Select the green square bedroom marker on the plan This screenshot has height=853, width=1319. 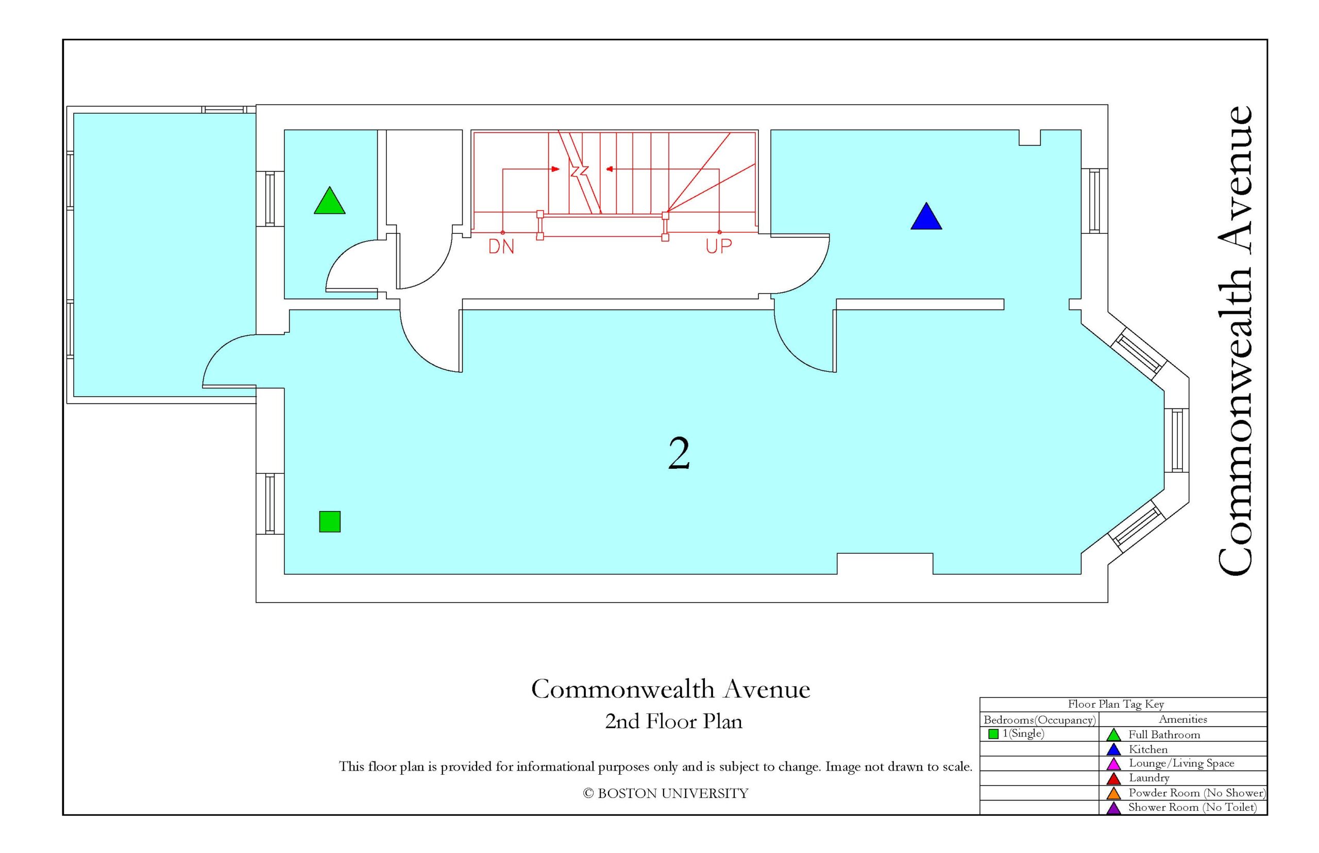tap(330, 521)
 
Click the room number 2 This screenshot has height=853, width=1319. tap(679, 453)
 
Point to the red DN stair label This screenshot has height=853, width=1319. tap(501, 247)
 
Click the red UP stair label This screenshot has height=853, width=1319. tap(719, 247)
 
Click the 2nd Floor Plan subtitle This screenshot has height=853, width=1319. tap(673, 721)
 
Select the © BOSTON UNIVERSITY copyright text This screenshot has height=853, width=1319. tap(665, 793)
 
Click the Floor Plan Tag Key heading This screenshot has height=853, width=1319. tap(1115, 704)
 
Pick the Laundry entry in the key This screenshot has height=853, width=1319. tap(1148, 778)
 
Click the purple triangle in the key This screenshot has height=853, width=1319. tap(1113, 808)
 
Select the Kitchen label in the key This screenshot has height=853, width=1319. tap(1148, 749)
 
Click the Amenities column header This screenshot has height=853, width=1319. tap(1183, 719)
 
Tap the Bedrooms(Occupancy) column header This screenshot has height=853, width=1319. tap(1040, 720)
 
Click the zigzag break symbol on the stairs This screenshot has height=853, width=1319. tap(580, 170)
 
